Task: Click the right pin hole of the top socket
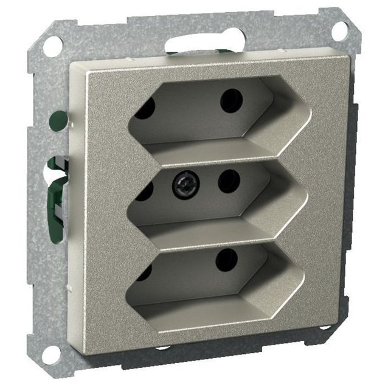click(231, 100)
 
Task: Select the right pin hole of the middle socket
click(229, 181)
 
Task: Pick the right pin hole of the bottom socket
click(226, 260)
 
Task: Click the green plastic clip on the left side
click(57, 195)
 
